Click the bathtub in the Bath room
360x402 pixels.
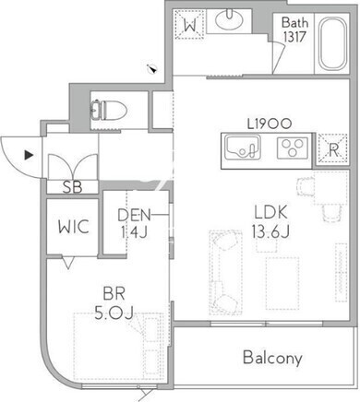(331, 43)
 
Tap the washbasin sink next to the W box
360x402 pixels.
(229, 19)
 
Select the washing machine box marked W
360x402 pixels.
(190, 25)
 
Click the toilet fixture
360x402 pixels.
(109, 111)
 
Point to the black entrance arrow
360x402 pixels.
(29, 155)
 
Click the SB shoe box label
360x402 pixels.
(72, 187)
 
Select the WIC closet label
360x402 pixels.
(74, 227)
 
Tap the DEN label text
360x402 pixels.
(134, 215)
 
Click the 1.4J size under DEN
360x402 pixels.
(134, 231)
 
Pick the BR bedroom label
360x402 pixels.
(114, 294)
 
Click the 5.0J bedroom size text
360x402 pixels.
(114, 313)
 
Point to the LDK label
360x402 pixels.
(270, 212)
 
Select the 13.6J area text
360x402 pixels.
(270, 231)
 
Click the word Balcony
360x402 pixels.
(272, 358)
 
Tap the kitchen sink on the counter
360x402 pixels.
(242, 148)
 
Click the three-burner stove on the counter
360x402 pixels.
(293, 148)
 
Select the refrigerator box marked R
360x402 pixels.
(333, 149)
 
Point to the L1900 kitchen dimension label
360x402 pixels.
(270, 124)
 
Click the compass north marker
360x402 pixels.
(152, 69)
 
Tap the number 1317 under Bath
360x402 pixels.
(294, 37)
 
